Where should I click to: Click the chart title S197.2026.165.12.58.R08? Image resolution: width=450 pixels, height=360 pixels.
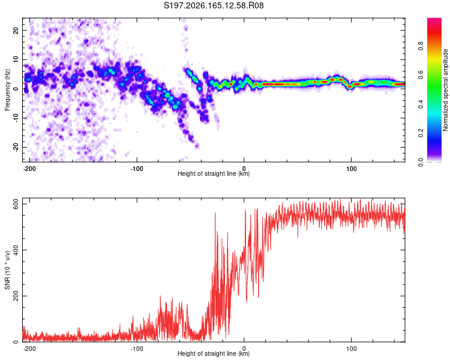click(214, 5)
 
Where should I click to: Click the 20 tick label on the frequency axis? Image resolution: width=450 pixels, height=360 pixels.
click(16, 30)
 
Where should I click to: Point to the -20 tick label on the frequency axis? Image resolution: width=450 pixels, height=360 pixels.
click(16, 147)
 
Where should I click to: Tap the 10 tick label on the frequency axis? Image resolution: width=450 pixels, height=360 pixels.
click(16, 59)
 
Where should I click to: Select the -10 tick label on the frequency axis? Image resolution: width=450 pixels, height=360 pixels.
click(16, 118)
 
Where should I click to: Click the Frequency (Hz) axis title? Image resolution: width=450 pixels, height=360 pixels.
click(7, 90)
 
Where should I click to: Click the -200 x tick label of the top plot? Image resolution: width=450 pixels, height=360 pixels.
click(29, 169)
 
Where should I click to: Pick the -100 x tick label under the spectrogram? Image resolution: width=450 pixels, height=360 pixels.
click(137, 169)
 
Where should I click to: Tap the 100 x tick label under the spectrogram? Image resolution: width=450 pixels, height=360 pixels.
click(351, 169)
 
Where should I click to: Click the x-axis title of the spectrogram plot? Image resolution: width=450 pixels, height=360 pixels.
click(214, 173)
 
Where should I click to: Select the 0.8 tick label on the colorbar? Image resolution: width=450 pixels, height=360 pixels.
click(421, 46)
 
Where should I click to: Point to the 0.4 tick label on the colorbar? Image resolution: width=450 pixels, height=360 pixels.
click(421, 104)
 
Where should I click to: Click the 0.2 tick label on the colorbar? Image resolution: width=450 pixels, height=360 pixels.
click(421, 133)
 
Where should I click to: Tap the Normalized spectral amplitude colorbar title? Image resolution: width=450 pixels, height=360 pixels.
click(445, 90)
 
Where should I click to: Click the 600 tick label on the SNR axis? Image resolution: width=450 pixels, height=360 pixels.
click(16, 204)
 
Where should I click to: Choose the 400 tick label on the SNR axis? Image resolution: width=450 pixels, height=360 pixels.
click(16, 250)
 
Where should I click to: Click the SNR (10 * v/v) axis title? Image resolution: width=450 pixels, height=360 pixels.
click(7, 270)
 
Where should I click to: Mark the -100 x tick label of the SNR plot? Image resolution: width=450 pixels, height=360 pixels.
click(137, 349)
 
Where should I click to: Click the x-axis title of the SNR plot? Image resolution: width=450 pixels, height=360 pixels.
click(214, 353)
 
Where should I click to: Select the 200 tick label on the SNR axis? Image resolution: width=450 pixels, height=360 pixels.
click(16, 296)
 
